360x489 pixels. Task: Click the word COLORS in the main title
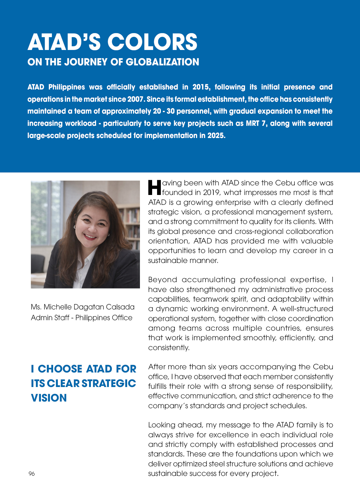click(x=153, y=42)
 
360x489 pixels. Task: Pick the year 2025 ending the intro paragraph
click(x=216, y=136)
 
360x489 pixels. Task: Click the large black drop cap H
click(x=154, y=188)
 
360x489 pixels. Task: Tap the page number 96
click(x=32, y=474)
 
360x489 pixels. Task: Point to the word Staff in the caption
click(x=61, y=318)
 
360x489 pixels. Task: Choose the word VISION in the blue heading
click(x=49, y=398)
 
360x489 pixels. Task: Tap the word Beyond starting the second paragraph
click(x=163, y=280)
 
